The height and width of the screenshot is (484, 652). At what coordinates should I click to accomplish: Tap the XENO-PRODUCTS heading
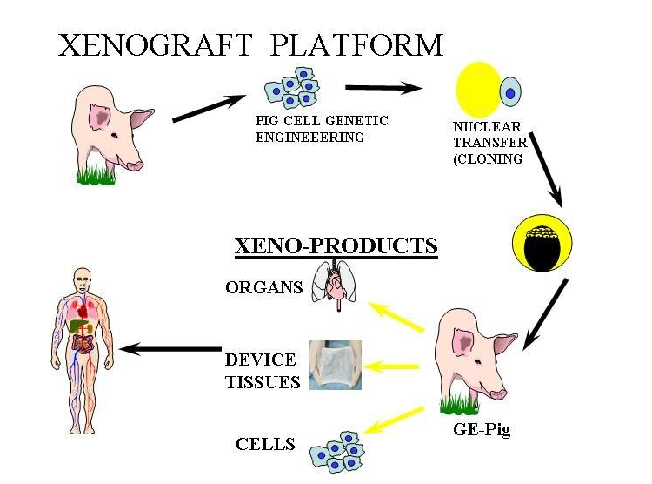tap(336, 246)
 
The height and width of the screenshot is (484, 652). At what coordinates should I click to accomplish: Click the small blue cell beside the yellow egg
tap(510, 91)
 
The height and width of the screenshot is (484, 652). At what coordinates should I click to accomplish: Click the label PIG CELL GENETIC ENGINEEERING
tap(322, 129)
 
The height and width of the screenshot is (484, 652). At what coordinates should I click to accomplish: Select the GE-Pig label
tap(481, 430)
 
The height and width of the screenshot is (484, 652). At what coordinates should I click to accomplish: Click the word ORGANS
tap(263, 288)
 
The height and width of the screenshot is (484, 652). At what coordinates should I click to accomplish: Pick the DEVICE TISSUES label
tap(261, 370)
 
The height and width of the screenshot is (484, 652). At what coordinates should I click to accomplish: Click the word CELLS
tap(265, 444)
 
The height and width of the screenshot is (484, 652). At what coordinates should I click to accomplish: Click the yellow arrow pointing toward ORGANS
tap(396, 318)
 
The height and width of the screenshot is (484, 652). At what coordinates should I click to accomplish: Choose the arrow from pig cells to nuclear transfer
tap(383, 88)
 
